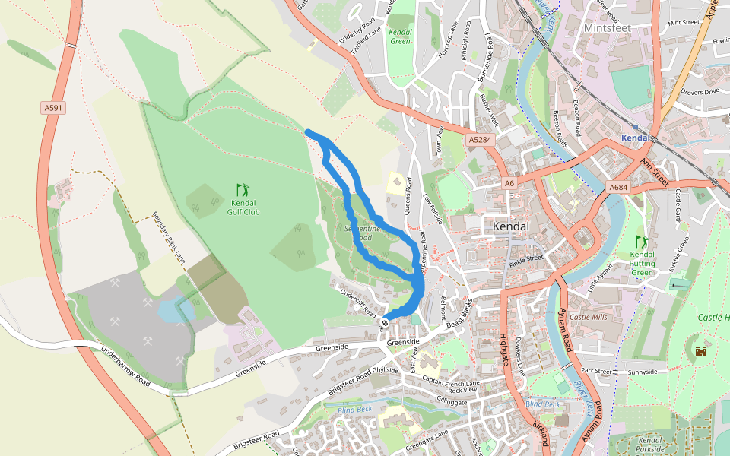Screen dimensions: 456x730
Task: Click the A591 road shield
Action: coord(54,108)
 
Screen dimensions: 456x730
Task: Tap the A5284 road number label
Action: coord(480,140)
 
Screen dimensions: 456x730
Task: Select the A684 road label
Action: coord(618,187)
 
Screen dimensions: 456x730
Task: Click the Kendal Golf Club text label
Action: coord(243,207)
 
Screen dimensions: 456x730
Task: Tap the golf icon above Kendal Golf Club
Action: coord(243,188)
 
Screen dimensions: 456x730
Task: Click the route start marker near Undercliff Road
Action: coord(385,322)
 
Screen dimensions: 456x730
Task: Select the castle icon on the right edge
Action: coord(700,350)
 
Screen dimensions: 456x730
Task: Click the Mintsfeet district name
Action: coord(608,27)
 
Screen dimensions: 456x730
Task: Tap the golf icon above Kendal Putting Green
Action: coord(643,242)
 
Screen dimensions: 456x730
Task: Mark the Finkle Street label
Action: coord(525,258)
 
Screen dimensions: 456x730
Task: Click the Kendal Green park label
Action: coord(400,36)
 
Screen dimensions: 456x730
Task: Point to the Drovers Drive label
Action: coord(700,92)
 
